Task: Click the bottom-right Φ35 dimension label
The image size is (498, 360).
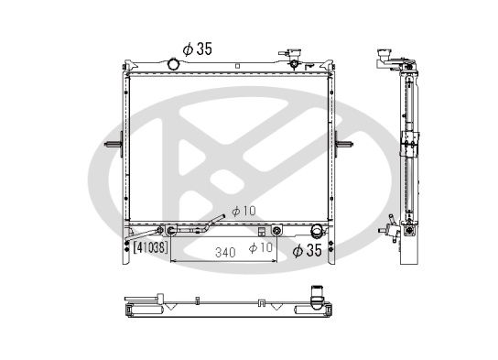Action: pyautogui.click(x=308, y=249)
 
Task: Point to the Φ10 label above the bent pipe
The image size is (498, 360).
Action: pyautogui.click(x=242, y=211)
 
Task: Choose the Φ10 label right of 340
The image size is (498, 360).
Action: pyautogui.click(x=261, y=247)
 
